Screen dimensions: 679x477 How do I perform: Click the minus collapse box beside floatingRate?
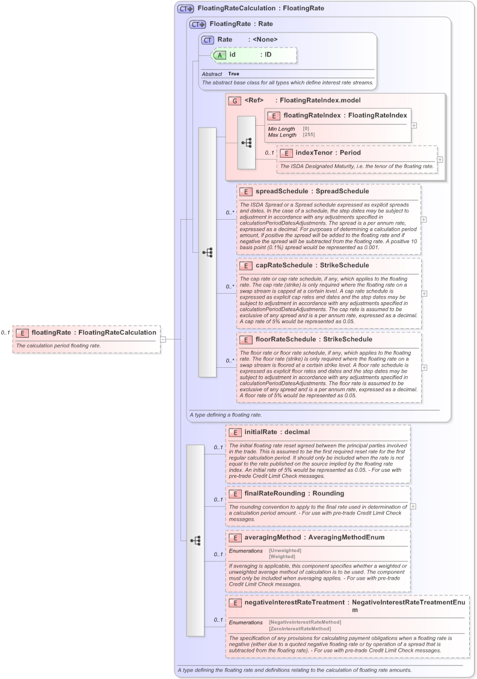[163, 339]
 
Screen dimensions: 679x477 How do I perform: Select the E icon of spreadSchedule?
[245, 191]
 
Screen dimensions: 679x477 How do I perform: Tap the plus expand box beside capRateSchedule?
[424, 294]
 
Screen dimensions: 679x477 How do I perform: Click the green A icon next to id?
[220, 55]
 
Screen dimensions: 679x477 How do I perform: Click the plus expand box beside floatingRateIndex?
[414, 125]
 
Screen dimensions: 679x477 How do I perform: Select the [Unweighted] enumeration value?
[285, 550]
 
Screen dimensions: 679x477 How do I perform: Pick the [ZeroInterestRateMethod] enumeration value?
[300, 628]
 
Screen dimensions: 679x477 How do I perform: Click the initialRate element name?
[260, 432]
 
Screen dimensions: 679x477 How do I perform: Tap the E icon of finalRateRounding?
[235, 494]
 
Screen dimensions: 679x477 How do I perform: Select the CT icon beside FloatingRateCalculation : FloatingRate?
[185, 9]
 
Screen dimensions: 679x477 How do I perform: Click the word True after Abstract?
[233, 73]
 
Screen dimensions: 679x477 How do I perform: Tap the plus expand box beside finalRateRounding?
[413, 506]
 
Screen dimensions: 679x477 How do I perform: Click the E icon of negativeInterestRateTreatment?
[235, 602]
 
